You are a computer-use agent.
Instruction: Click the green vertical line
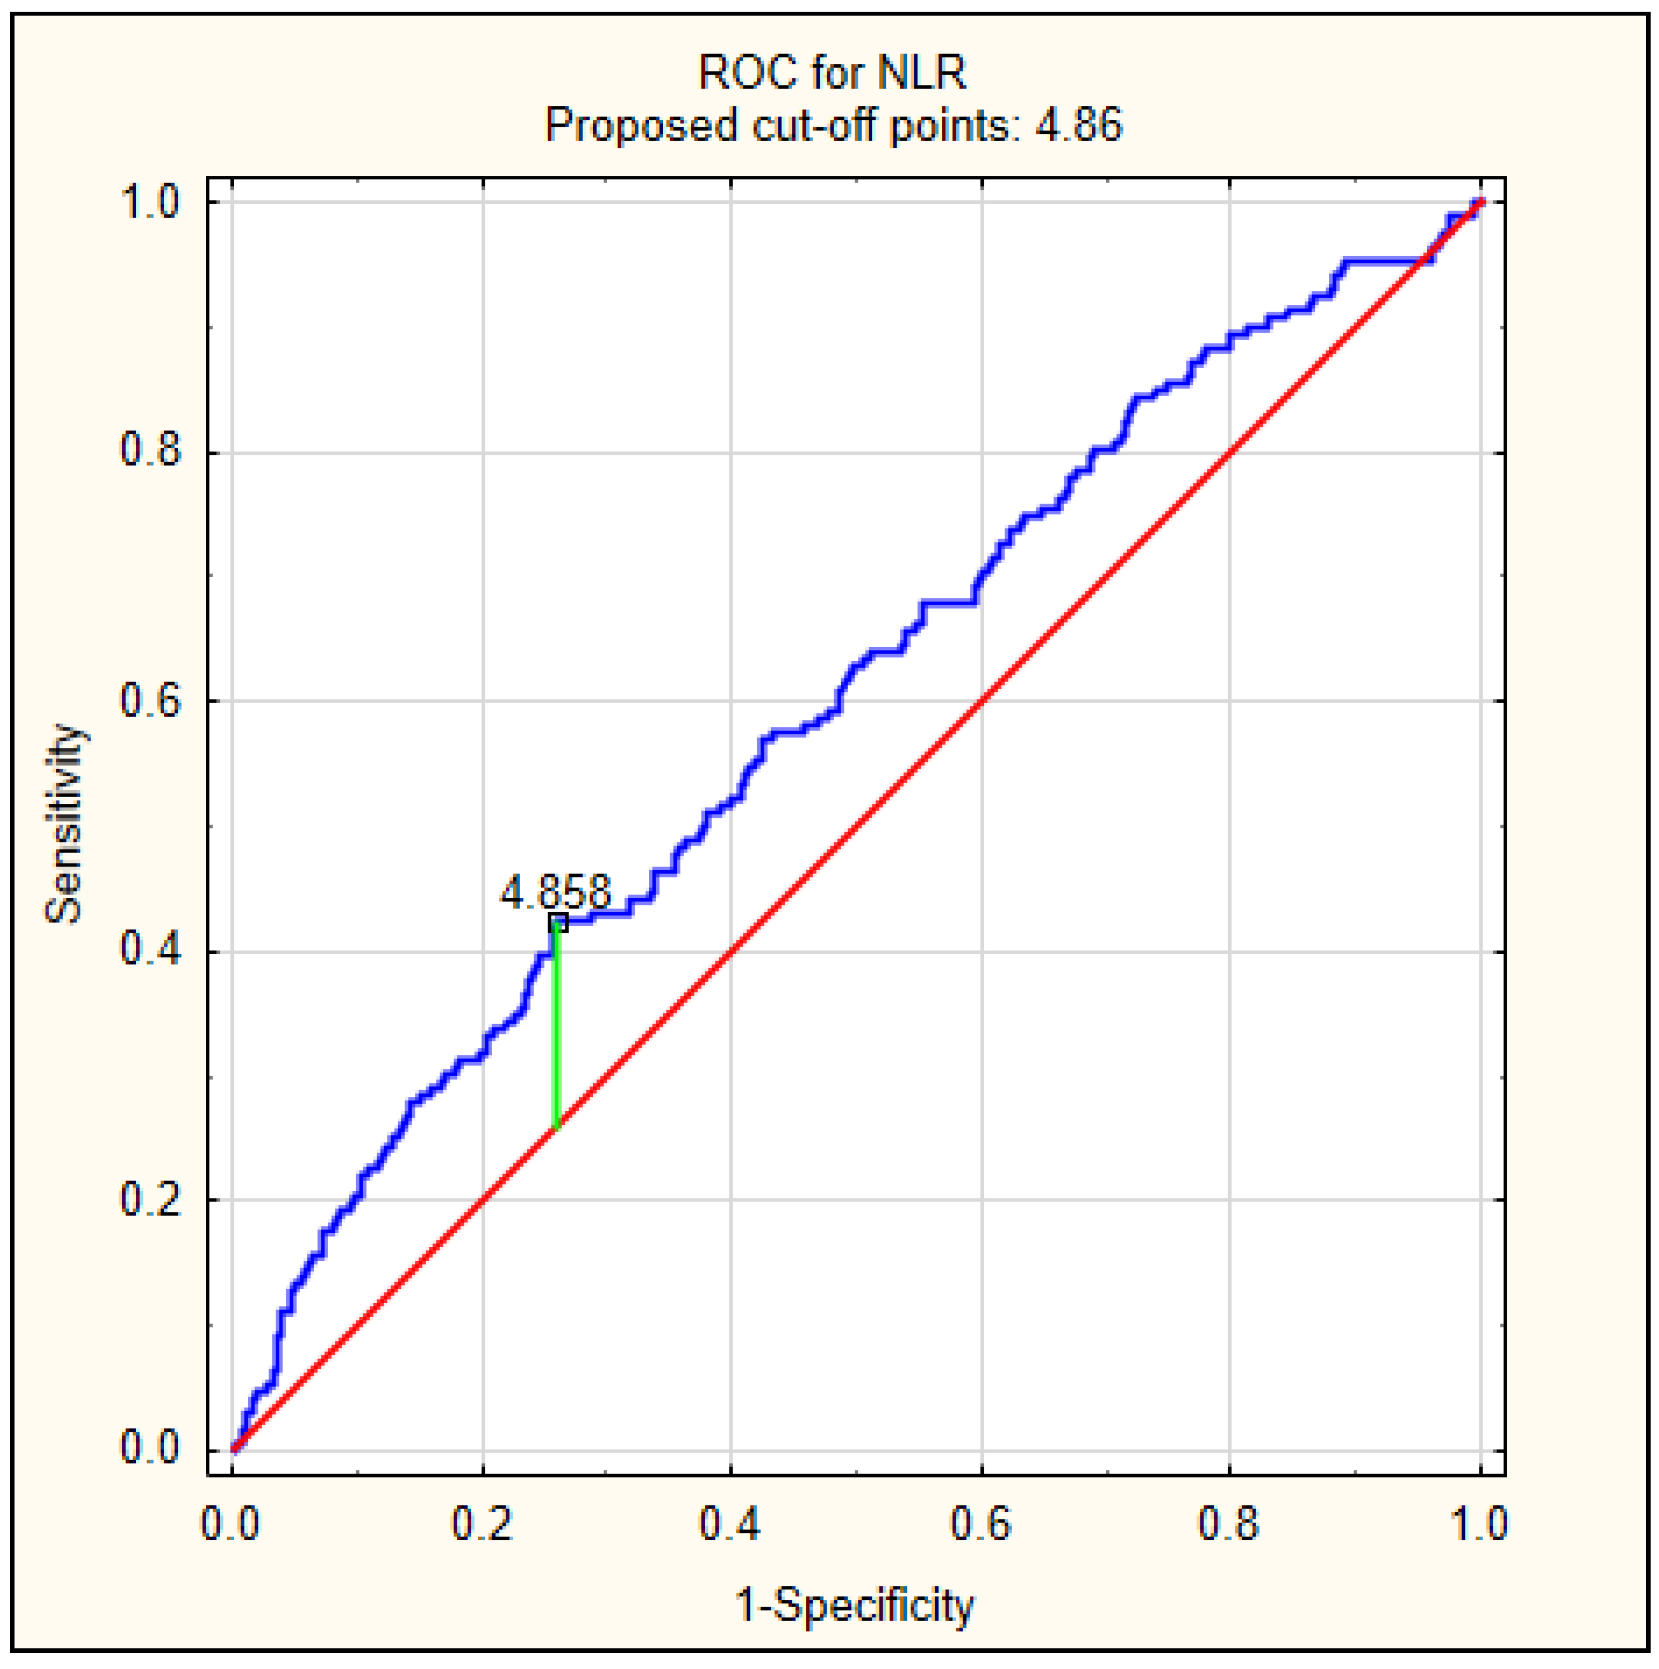click(557, 1028)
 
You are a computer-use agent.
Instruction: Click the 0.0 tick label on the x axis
click(230, 1522)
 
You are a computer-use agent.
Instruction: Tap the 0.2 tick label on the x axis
click(482, 1522)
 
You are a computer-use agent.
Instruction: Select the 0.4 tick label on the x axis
click(730, 1522)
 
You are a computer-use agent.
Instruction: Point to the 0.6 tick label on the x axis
click(980, 1522)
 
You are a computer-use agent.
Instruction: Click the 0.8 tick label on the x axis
click(1229, 1522)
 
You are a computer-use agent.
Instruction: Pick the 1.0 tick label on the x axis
click(1479, 1522)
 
